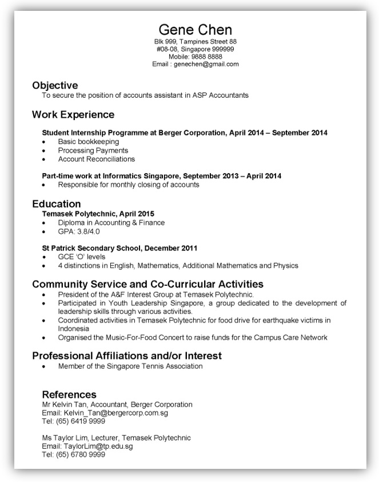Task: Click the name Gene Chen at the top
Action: tap(196, 30)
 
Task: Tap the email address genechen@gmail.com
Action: tap(206, 65)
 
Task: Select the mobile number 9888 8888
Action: tap(207, 57)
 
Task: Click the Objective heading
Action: tap(55, 85)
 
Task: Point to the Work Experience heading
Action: tap(73, 114)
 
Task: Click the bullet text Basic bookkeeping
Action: tap(88, 141)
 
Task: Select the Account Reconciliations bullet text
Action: tap(96, 159)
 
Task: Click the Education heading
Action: tap(57, 204)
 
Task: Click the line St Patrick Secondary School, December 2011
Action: tap(119, 248)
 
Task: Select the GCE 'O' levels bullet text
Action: tap(82, 257)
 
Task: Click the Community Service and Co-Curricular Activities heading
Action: tap(147, 284)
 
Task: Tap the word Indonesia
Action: tap(73, 329)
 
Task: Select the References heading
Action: tap(69, 395)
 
